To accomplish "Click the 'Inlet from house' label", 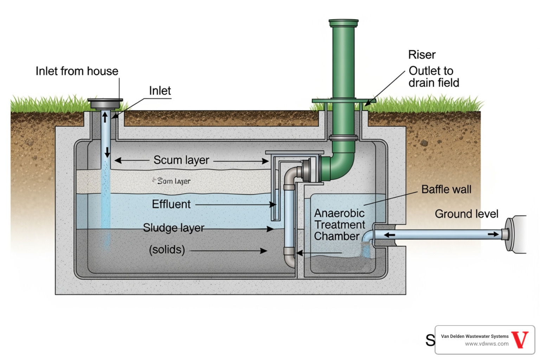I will (77, 71).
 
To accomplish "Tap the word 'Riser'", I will (422, 55).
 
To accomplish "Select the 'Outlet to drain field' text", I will (433, 77).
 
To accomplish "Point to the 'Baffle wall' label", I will (446, 189).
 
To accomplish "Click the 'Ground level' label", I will (466, 214).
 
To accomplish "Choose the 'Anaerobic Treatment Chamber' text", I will (339, 225).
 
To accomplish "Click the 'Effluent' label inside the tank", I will (171, 204).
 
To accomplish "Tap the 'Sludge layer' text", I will (173, 228).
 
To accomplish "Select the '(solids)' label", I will (167, 250).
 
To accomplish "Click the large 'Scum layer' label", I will (181, 160).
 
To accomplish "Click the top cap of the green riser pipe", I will (343, 23).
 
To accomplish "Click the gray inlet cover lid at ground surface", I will (105, 103).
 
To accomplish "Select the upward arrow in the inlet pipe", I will (105, 117).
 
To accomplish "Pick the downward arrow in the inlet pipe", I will (107, 152).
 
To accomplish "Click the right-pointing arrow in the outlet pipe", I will (493, 234).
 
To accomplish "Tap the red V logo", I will (520, 340).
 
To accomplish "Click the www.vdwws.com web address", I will (487, 344).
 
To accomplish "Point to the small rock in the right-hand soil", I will (424, 143).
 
